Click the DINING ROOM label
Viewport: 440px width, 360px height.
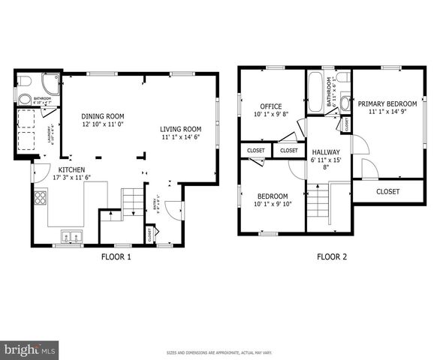click(102, 116)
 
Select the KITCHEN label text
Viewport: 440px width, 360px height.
click(71, 169)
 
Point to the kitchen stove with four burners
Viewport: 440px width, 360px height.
click(40, 199)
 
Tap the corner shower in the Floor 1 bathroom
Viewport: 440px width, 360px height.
click(49, 85)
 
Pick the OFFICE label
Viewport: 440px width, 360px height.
click(270, 106)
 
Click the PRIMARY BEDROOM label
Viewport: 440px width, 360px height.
click(387, 103)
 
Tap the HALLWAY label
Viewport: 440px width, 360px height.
click(326, 152)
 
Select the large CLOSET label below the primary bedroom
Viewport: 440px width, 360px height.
click(387, 191)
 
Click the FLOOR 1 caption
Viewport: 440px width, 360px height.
click(116, 256)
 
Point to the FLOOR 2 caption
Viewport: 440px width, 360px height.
click(331, 256)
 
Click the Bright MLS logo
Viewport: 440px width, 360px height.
click(30, 349)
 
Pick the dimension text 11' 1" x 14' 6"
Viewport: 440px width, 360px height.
click(180, 137)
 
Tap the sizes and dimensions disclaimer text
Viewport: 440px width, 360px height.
click(219, 352)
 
